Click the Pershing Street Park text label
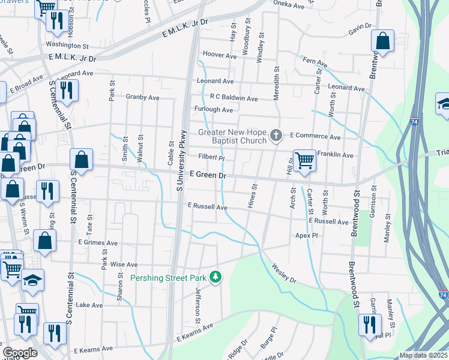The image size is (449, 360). point(169,277)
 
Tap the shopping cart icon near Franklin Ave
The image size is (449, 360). point(304,160)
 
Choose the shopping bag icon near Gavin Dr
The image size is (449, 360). point(382,41)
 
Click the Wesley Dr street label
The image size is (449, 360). point(283,273)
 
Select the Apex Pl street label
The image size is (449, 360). point(306,236)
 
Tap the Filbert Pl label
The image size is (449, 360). point(211,158)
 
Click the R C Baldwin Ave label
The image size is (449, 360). point(234,98)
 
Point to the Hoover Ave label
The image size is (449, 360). point(220,55)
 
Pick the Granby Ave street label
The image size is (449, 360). point(142,97)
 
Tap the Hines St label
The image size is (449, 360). point(253,197)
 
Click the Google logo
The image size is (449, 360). point(20,353)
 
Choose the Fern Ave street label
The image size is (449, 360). point(315,62)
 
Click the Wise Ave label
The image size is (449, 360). point(124,264)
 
